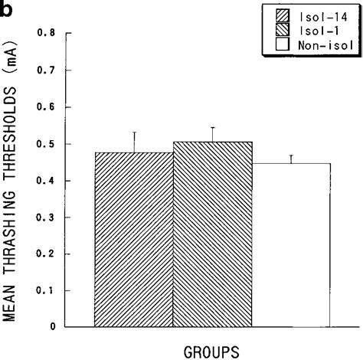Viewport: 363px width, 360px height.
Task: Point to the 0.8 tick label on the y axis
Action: (x=51, y=34)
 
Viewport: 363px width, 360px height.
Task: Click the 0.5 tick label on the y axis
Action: (x=51, y=144)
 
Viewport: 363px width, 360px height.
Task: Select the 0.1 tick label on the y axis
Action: (x=51, y=291)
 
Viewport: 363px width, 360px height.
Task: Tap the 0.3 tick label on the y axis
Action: (x=51, y=218)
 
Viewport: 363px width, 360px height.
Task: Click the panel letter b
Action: (x=7, y=8)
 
